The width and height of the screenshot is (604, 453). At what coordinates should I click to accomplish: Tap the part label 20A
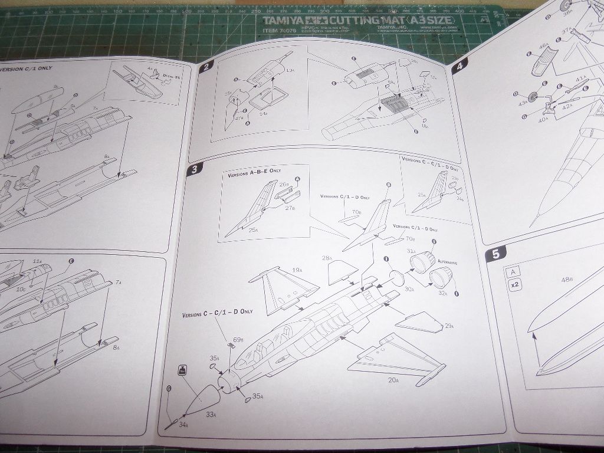tap(393, 379)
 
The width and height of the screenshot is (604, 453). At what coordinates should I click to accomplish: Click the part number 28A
tap(326, 258)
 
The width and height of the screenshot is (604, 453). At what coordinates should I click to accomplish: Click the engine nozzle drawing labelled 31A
tap(424, 262)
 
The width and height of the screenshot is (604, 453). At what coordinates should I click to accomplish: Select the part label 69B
tap(238, 340)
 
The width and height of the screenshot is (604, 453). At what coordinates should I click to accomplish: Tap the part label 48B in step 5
tap(567, 279)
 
